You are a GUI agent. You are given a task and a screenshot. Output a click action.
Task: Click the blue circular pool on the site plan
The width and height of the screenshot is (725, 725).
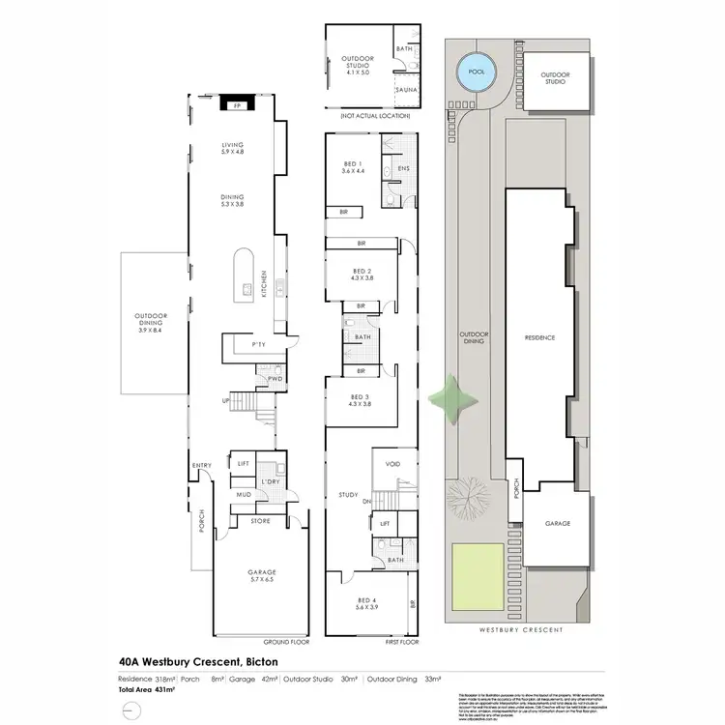(x=475, y=72)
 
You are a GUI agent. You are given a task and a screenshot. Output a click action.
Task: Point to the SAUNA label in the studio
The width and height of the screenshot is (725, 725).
(x=406, y=90)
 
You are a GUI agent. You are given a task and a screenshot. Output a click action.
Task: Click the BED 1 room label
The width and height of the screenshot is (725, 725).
(x=353, y=166)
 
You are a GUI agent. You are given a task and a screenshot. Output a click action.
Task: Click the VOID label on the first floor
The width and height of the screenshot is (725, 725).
(x=393, y=463)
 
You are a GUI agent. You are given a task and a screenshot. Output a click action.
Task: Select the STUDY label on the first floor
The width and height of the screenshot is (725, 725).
(x=348, y=496)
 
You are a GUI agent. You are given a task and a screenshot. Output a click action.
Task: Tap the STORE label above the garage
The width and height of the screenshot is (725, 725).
(x=260, y=521)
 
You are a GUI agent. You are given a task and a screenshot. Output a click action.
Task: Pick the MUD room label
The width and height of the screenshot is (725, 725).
(x=244, y=496)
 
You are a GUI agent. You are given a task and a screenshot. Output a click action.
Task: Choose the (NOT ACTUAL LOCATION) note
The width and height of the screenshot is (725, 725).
(x=371, y=116)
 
